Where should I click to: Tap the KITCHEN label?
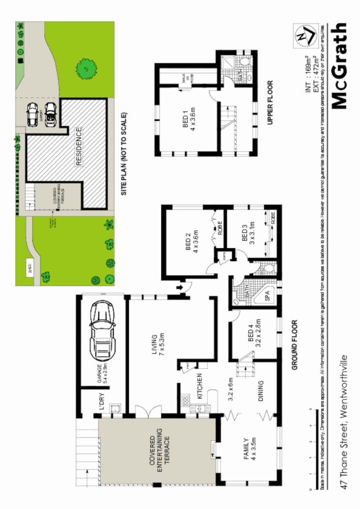pos(200,389)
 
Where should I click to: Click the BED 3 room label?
pos(248,235)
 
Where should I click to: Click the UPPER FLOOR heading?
pos(270,103)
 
